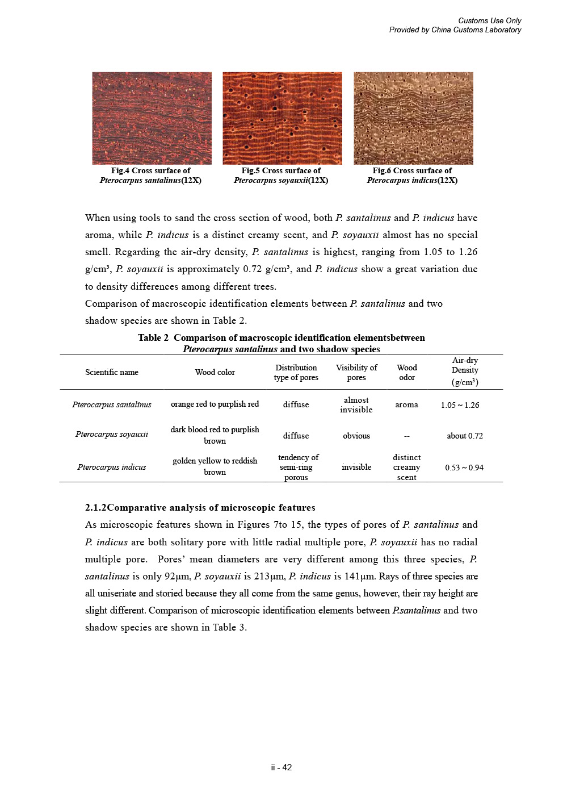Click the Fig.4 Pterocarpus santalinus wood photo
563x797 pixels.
pyautogui.click(x=152, y=118)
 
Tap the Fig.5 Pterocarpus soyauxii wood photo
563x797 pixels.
pyautogui.click(x=282, y=118)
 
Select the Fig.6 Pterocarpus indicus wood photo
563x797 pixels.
pyautogui.click(x=413, y=118)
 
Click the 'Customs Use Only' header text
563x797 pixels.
pyautogui.click(x=489, y=20)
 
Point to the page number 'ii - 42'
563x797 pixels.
pyautogui.click(x=281, y=767)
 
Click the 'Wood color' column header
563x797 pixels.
pyautogui.click(x=215, y=372)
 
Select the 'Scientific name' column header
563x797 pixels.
pyautogui.click(x=112, y=372)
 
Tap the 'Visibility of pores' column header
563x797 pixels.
pyautogui.click(x=356, y=372)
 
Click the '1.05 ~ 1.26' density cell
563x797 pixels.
pyautogui.click(x=460, y=405)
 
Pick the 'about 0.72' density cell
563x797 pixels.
pyautogui.click(x=465, y=436)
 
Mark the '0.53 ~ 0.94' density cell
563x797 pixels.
pyautogui.click(x=464, y=468)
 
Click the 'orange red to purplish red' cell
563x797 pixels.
pyautogui.click(x=215, y=404)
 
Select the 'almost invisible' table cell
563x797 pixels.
pyautogui.click(x=356, y=404)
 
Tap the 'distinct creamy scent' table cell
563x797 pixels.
pyautogui.click(x=406, y=467)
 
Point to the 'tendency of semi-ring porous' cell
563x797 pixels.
pyautogui.click(x=297, y=467)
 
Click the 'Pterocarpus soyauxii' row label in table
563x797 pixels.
pyautogui.click(x=112, y=434)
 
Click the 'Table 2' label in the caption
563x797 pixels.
pyautogui.click(x=153, y=337)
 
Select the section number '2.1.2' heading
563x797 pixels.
pyautogui.click(x=95, y=507)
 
